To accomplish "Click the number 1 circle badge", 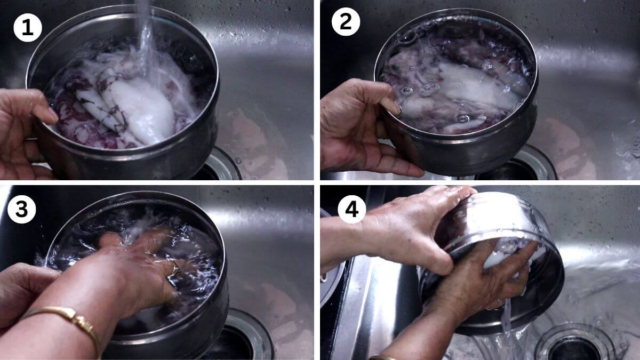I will point(28,27).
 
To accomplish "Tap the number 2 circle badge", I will point(346,22).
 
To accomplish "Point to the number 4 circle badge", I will point(351,210).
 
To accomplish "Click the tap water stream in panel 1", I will point(145,32).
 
